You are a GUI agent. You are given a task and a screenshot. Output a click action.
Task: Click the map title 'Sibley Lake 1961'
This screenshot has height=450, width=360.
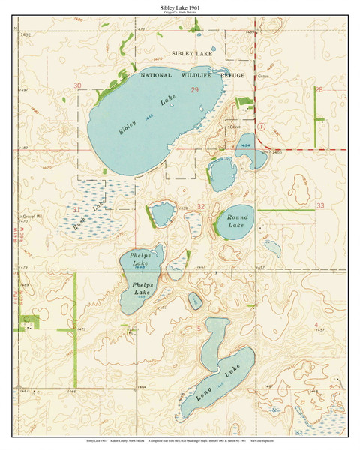point(179,7)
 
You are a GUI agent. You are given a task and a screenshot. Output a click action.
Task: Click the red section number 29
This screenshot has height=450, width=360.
point(194,90)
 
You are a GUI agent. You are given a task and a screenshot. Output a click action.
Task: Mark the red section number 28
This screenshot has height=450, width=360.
point(318,89)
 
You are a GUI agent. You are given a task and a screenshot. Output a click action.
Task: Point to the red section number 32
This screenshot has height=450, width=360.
point(200,206)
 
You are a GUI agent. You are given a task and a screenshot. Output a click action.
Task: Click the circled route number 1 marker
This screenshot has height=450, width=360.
point(261,127)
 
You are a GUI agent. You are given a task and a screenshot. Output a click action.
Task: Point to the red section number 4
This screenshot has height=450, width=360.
point(316,324)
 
